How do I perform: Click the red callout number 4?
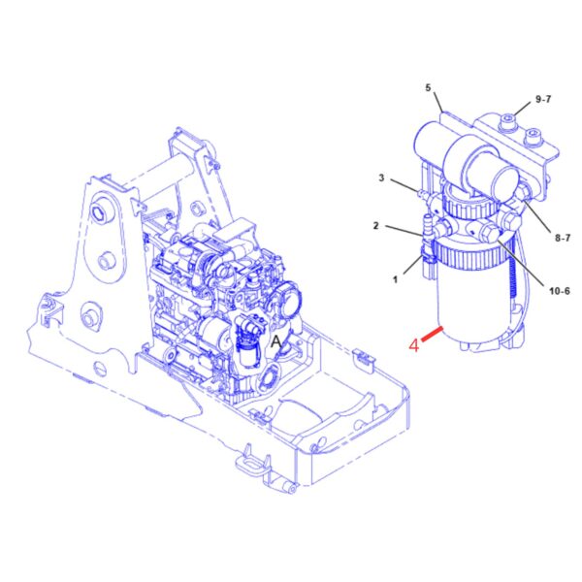point(414,345)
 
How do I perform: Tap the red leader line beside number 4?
point(432,333)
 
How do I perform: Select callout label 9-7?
point(543,99)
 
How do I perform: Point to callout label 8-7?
point(563,238)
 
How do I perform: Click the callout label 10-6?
point(559,291)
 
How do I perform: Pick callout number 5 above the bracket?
point(429,87)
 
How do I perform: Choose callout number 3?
point(381,178)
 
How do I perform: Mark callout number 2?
point(375,225)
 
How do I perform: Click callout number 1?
point(396,279)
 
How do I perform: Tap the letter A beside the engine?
point(276,341)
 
